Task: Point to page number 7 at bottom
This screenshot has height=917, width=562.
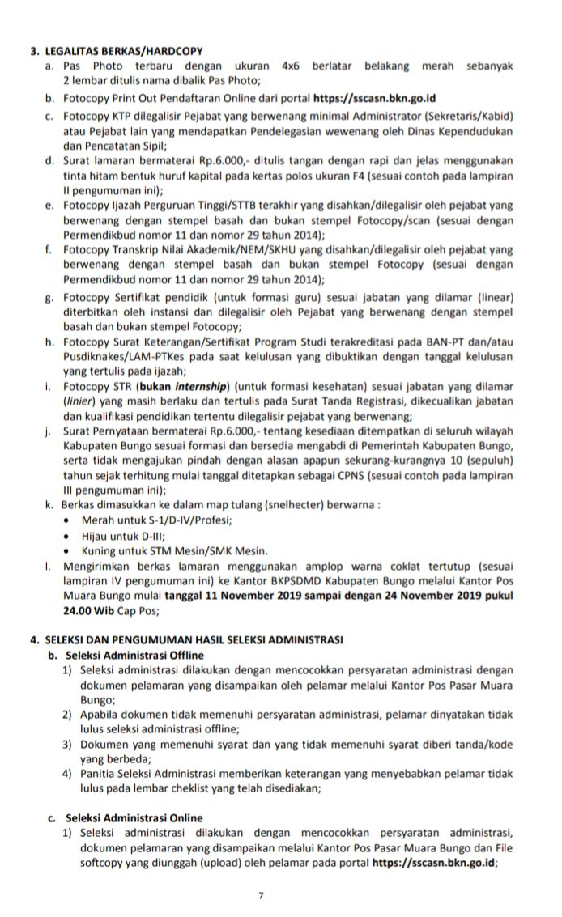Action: point(261,896)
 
